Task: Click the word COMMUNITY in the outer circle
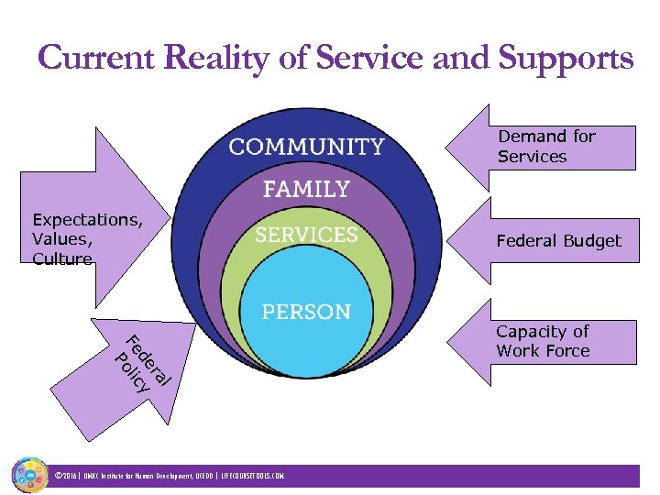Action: (x=306, y=147)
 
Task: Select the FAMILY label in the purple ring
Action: (x=306, y=190)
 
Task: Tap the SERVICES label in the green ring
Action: (x=306, y=235)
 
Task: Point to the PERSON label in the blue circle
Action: (x=306, y=312)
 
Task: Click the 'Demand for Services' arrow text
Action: (x=545, y=147)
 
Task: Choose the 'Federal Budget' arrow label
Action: (x=558, y=241)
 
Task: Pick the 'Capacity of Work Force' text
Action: (x=543, y=341)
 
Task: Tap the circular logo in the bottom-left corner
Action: (x=29, y=475)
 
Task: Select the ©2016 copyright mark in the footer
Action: (x=67, y=477)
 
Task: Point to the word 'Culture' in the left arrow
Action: (x=62, y=259)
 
